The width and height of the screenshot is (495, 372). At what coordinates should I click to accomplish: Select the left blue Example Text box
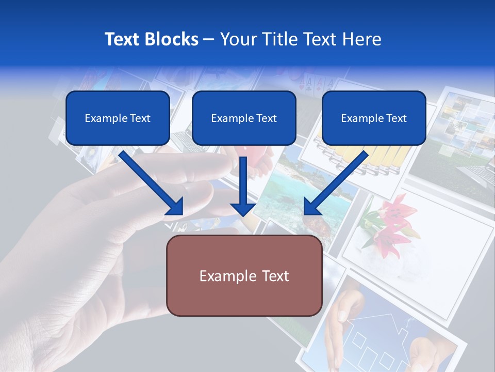coord(118,118)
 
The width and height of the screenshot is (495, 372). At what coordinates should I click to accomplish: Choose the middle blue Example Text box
coord(244,118)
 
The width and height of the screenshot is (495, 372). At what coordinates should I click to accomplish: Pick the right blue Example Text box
coord(374,118)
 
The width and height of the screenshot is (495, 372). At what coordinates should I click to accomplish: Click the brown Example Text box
coord(244,275)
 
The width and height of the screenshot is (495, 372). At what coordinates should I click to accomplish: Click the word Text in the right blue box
coord(397,118)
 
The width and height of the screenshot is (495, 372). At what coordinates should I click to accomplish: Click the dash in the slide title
coord(209,39)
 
